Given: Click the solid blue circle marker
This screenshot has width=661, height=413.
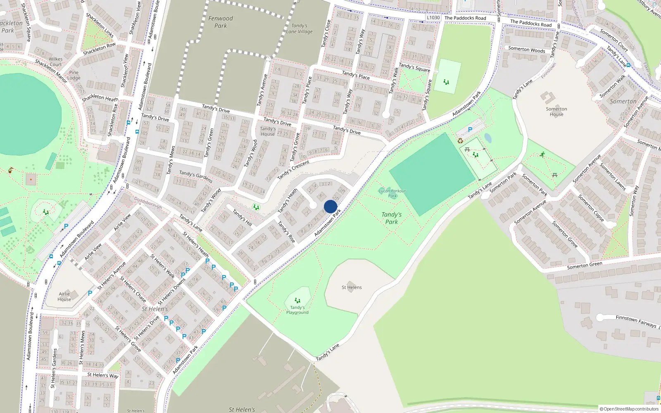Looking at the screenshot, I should click(330, 206).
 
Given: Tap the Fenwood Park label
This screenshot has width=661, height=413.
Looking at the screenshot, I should click(221, 22).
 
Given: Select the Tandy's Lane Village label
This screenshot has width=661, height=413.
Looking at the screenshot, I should click(299, 28).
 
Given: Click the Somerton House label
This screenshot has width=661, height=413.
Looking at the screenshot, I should click(556, 112).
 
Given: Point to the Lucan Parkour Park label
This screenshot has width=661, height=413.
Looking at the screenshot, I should click(392, 193).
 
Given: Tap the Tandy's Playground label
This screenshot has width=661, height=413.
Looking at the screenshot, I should click(297, 310).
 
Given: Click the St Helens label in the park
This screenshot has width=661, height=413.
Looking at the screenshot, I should click(352, 287).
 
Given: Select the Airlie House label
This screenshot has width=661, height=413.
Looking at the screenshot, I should click(64, 297).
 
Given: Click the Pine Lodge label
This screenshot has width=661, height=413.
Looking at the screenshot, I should click(74, 75).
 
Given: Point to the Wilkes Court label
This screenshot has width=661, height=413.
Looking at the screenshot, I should click(55, 62).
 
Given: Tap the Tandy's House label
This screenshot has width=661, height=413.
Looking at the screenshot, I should click(268, 131).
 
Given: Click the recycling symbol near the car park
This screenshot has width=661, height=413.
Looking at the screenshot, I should click(460, 141).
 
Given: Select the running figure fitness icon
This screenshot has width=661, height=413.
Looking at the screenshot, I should click(542, 155).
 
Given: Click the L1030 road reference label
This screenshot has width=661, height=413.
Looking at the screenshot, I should click(433, 18).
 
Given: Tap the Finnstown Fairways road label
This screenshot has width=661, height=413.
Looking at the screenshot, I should click(636, 321).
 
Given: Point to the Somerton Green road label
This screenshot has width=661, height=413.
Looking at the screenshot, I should click(585, 266).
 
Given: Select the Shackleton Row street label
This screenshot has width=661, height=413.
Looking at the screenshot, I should click(99, 49).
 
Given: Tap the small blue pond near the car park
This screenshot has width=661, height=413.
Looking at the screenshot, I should click(488, 138).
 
